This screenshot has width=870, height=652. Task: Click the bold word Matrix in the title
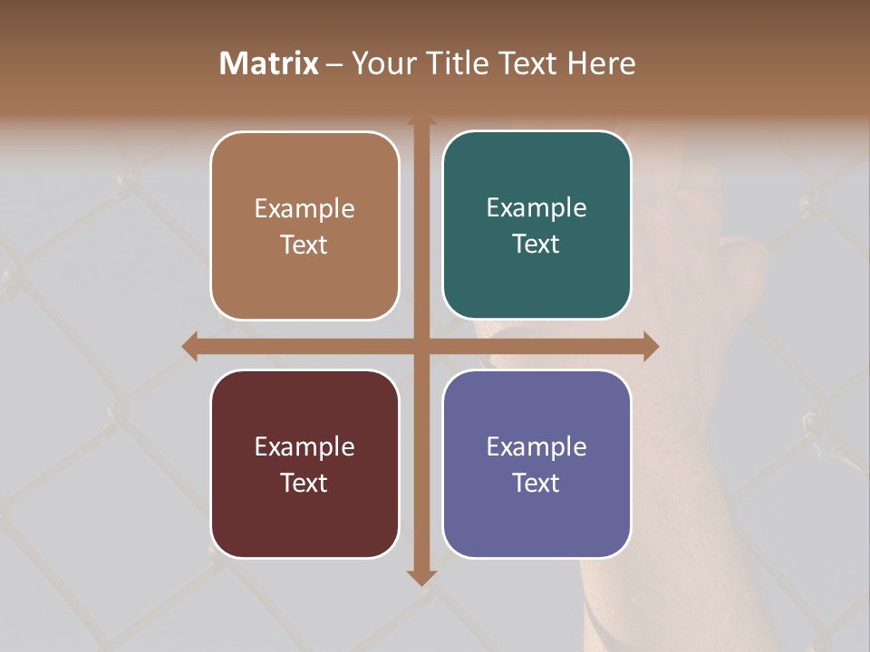(269, 63)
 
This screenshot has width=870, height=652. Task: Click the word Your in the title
(381, 63)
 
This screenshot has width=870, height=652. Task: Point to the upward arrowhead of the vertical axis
(420, 120)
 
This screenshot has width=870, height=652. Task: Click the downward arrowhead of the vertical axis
(420, 577)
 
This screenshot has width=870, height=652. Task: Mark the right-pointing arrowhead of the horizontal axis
(651, 346)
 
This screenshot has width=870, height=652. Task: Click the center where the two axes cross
(420, 346)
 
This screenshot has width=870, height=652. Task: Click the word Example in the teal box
(536, 208)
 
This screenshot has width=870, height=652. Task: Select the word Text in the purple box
(536, 483)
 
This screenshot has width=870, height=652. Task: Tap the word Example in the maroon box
(304, 446)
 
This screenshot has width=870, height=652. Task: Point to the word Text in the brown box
(304, 244)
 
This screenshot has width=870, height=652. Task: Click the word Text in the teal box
(536, 244)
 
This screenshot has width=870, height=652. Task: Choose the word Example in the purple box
(536, 446)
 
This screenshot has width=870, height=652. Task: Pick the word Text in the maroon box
(304, 483)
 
